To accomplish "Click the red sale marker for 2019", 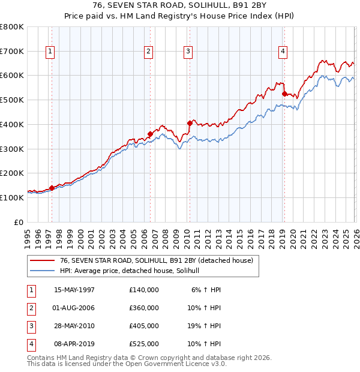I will click(x=284, y=94).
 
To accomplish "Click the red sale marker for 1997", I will click(x=52, y=188).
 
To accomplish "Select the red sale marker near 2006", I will click(x=150, y=134).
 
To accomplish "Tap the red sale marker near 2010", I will click(x=190, y=123).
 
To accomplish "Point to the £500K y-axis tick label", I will click(x=12, y=100).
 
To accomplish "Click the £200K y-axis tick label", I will click(x=12, y=173).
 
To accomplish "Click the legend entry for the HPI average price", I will click(x=133, y=271).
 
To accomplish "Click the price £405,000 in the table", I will click(x=143, y=326).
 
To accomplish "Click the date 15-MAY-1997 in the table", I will click(x=74, y=290).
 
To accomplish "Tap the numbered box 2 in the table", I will click(x=31, y=308).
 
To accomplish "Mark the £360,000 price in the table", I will click(x=143, y=308).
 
